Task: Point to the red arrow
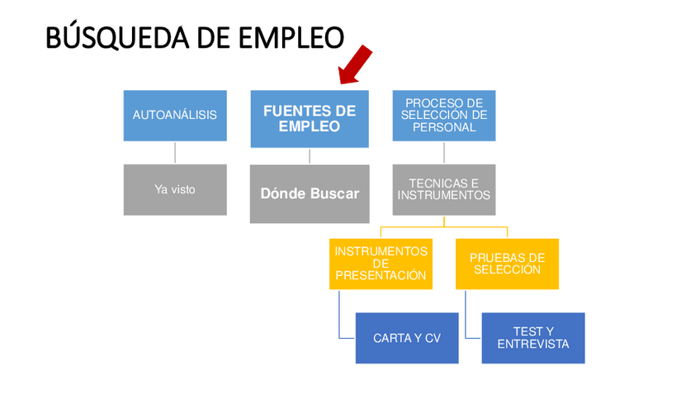pos(355,66)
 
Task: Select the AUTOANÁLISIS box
pos(175,116)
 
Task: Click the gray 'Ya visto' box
pos(175,190)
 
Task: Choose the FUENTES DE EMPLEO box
pos(310,119)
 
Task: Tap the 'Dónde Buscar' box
pos(310,193)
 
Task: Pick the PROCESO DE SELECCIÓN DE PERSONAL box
pos(444,116)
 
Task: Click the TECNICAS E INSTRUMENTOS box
pos(444,190)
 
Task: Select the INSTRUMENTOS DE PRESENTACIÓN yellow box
pos(381,263)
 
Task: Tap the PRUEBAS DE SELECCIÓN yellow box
pos(507,263)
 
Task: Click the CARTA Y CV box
pos(407,338)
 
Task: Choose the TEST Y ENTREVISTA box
pos(533,338)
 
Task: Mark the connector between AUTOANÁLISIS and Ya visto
pos(175,153)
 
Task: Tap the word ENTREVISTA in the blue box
pos(533,344)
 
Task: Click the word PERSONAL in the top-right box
pos(444,127)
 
